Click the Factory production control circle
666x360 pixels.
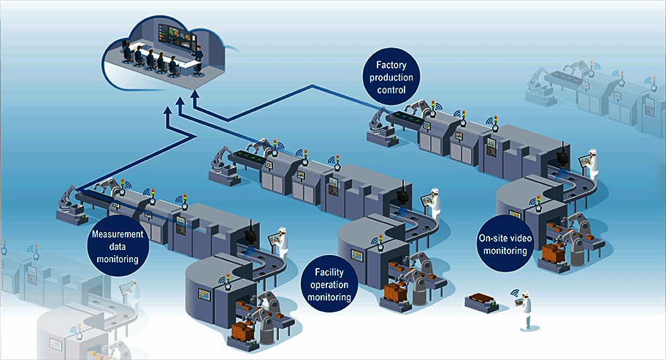(391, 78)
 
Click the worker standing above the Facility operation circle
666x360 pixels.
(435, 204)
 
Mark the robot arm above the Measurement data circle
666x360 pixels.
(67, 202)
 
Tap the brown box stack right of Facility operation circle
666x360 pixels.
(395, 292)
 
